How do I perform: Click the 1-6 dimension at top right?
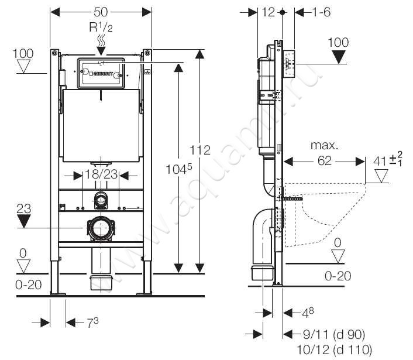coord(322,12)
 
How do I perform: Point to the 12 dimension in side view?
coord(269,12)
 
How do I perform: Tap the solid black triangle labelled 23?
coord(24,221)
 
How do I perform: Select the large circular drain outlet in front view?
coord(101,227)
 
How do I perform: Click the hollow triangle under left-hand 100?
coord(24,66)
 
